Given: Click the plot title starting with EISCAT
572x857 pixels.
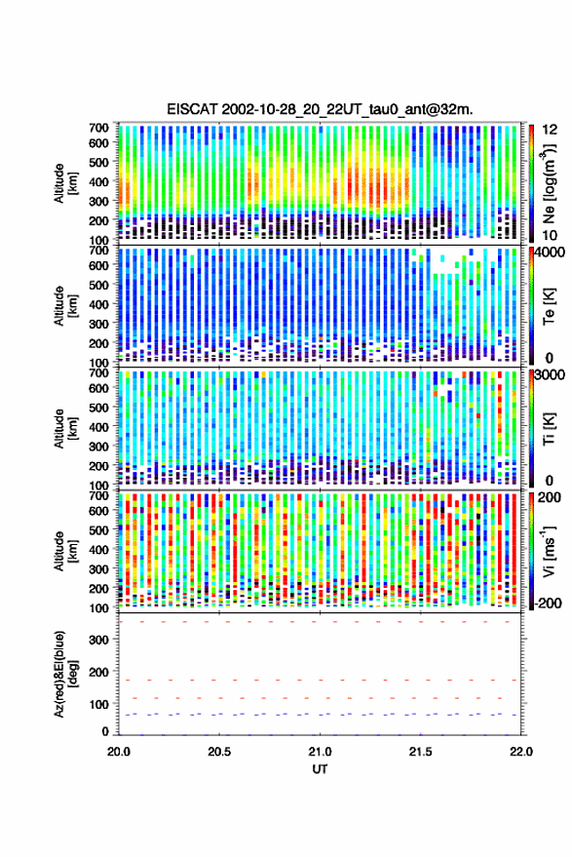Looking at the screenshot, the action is pyautogui.click(x=321, y=109).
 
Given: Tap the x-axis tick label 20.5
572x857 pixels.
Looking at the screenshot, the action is pyautogui.click(x=219, y=752).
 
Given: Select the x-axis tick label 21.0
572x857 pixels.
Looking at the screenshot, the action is pyautogui.click(x=320, y=752).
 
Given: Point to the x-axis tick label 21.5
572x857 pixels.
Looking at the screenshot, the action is pyautogui.click(x=420, y=752).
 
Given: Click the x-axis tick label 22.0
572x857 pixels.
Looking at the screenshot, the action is pyautogui.click(x=520, y=752).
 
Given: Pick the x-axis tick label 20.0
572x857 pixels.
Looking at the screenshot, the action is pyautogui.click(x=119, y=752).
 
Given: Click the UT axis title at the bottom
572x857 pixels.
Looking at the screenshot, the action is pyautogui.click(x=320, y=769).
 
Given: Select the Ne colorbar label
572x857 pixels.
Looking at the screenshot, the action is pyautogui.click(x=549, y=183).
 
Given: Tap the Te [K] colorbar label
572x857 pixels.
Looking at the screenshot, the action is pyautogui.click(x=549, y=306).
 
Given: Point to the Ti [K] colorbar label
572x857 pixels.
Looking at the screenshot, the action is pyautogui.click(x=549, y=429).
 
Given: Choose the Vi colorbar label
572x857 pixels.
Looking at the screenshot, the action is pyautogui.click(x=549, y=552).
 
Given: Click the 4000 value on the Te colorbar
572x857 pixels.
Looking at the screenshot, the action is pyautogui.click(x=550, y=253).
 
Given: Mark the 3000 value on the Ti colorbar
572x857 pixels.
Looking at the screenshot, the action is pyautogui.click(x=550, y=375).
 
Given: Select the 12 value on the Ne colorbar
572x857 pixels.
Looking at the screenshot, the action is pyautogui.click(x=551, y=130).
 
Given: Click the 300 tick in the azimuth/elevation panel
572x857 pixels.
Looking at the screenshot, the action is pyautogui.click(x=98, y=640).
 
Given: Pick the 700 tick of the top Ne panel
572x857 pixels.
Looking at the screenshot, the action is pyautogui.click(x=98, y=128).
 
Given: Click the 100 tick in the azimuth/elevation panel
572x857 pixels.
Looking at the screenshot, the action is pyautogui.click(x=98, y=705).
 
